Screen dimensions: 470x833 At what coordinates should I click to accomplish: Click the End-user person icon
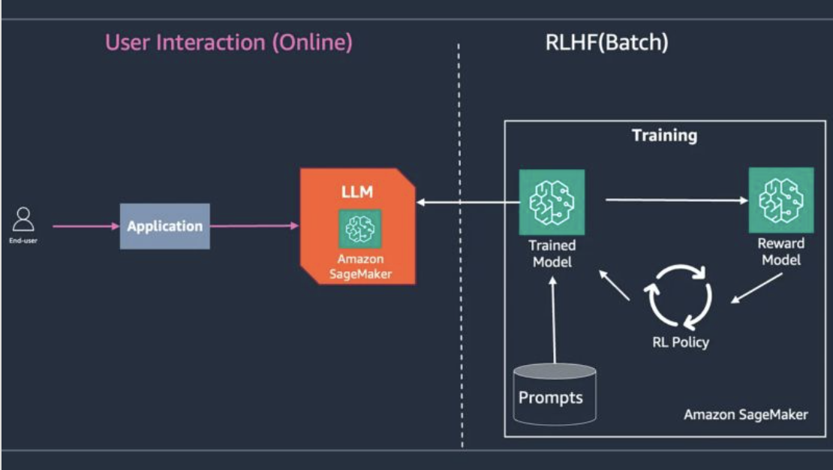(x=24, y=221)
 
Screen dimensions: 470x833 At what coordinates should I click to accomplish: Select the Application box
(x=164, y=226)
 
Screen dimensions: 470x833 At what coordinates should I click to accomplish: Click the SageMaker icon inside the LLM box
(x=359, y=228)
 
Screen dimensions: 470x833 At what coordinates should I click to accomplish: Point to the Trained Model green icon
(x=552, y=202)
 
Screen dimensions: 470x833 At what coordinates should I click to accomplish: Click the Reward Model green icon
(x=780, y=200)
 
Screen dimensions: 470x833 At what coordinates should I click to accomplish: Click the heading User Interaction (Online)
(x=229, y=42)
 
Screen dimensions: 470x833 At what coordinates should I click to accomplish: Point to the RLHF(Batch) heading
(x=606, y=42)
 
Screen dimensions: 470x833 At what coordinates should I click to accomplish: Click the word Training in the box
(x=664, y=136)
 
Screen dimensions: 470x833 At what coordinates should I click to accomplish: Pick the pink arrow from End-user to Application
(x=86, y=225)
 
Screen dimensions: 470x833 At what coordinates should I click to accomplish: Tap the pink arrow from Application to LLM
(x=254, y=225)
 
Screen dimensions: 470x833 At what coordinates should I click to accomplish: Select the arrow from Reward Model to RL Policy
(x=756, y=288)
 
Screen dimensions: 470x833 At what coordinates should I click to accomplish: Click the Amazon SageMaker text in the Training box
(x=745, y=414)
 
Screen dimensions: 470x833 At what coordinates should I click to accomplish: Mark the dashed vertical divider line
(x=460, y=248)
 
